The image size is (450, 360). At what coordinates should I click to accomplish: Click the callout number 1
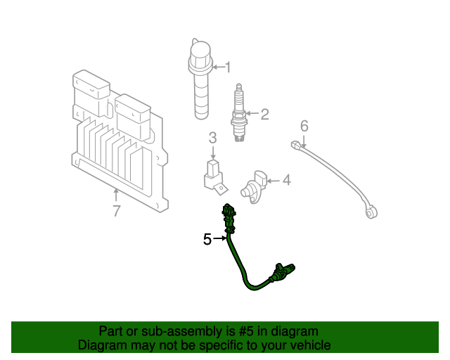point(227,67)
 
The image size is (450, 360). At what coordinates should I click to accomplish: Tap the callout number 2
point(264,114)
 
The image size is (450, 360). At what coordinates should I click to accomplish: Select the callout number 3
point(212,139)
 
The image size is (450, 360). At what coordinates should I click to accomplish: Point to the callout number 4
point(286,181)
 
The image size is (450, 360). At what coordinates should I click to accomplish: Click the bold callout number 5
point(207,240)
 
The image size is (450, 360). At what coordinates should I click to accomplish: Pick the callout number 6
point(304,126)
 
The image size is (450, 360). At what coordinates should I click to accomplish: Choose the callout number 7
point(117,210)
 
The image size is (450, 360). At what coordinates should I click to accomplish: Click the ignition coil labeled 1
point(200,81)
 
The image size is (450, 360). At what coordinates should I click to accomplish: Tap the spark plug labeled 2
point(239,116)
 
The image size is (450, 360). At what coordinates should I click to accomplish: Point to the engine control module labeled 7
point(120,141)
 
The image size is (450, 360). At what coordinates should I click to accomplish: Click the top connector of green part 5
point(229,211)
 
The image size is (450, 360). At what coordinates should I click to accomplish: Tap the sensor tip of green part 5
point(288,270)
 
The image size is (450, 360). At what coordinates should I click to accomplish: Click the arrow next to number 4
point(273,181)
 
